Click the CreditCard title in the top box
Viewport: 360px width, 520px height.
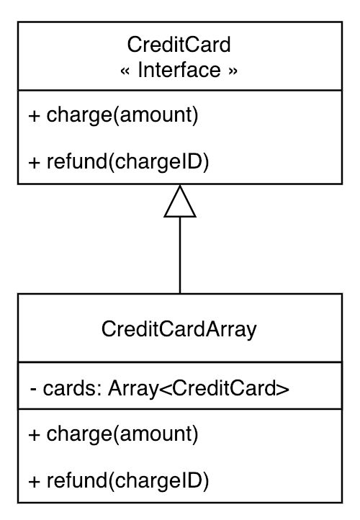179,45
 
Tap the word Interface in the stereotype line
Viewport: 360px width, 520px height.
179,70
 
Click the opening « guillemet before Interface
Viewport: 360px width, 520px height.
125,71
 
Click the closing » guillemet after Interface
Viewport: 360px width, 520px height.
233,71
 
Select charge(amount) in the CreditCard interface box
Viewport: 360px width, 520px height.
122,115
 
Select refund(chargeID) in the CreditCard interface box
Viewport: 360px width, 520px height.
128,162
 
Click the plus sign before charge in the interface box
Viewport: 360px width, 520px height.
34,116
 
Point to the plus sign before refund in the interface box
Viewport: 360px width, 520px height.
34,163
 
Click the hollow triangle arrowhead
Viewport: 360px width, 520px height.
180,201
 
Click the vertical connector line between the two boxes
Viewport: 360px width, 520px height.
180,256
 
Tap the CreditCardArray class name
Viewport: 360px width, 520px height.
179,329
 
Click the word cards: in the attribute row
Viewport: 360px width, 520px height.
72,388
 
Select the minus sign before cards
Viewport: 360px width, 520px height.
33,389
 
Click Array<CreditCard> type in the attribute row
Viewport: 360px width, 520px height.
199,389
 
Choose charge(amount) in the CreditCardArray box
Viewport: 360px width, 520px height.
122,434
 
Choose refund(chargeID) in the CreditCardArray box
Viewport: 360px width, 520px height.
128,481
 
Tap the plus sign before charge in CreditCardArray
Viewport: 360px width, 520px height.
34,435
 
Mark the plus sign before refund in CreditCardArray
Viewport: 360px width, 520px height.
34,482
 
